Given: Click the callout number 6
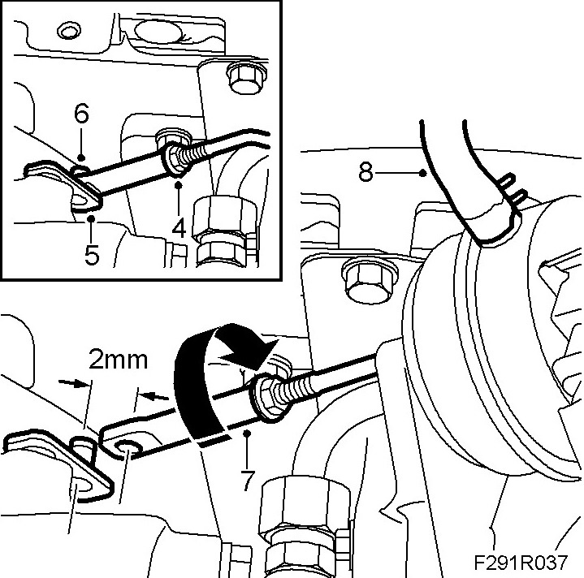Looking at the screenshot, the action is tap(81, 114).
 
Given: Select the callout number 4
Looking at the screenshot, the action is tap(180, 227).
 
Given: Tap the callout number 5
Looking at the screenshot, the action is tap(92, 255).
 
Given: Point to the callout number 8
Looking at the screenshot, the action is tap(366, 172).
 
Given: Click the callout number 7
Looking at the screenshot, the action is tap(248, 481).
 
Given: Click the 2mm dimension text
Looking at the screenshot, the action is tap(119, 360).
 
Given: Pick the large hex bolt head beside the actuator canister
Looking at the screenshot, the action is tap(370, 278).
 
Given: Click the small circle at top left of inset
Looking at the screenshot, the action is tap(68, 32).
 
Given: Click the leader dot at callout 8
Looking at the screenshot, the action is tap(422, 172).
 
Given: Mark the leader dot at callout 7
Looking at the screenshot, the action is tap(246, 433).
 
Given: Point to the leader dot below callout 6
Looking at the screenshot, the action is tap(81, 157).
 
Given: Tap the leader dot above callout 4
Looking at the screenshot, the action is tap(179, 183).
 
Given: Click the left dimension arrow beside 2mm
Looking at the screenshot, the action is tap(76, 383).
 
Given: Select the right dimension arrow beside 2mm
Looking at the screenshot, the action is tap(154, 395).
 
